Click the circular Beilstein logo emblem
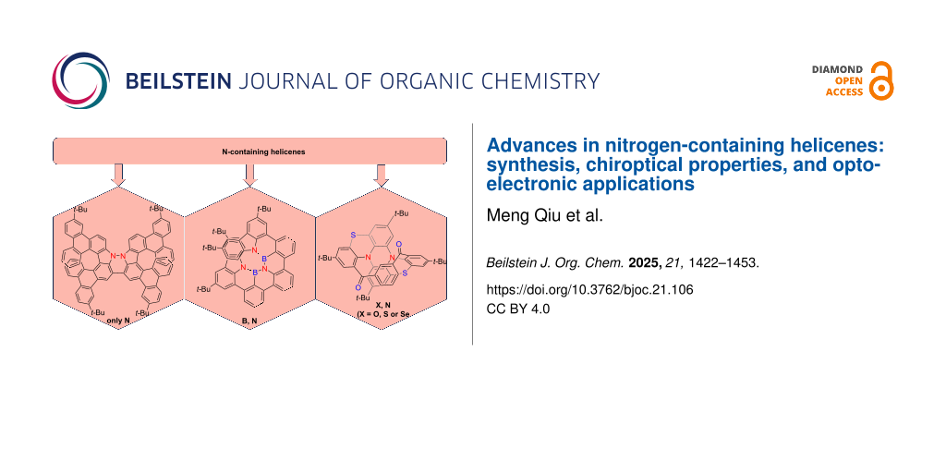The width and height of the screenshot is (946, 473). (80, 80)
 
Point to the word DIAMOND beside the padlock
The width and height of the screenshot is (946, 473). (837, 69)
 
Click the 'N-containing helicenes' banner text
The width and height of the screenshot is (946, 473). (250, 151)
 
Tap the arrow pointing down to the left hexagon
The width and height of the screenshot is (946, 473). (117, 173)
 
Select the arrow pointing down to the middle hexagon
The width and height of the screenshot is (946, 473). (249, 173)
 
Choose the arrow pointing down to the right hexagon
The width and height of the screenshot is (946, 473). (380, 173)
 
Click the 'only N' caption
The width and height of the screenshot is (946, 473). (119, 320)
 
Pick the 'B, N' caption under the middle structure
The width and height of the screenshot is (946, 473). (250, 320)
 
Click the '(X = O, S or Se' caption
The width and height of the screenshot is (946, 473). (383, 314)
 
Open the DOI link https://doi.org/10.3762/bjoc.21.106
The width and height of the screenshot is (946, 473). (589, 288)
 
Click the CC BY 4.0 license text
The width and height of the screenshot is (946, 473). (517, 309)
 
